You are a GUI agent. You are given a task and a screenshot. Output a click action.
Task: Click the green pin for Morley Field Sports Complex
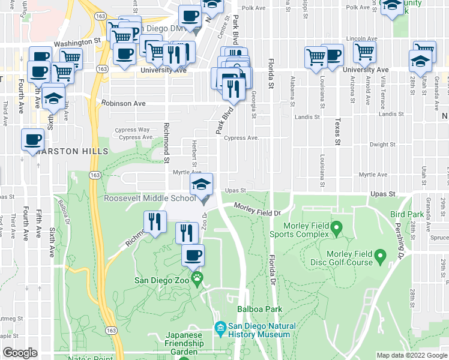coord(337,227)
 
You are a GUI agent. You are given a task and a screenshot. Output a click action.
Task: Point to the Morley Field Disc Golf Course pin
coord(379,257)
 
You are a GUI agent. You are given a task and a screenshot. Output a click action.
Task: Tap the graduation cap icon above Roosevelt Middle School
coord(202,184)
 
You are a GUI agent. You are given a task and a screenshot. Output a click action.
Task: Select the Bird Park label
coord(406,214)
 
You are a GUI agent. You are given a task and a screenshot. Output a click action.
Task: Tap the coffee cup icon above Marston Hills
coord(32,140)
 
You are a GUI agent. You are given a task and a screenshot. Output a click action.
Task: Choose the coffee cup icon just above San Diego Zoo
coord(193,256)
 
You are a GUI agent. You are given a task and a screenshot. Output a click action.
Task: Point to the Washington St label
coord(76,43)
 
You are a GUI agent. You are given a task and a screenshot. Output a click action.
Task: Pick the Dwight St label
coord(382,145)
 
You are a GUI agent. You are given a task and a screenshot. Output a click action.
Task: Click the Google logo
coord(20,353)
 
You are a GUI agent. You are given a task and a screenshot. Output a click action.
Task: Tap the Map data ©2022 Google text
coord(411,355)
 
